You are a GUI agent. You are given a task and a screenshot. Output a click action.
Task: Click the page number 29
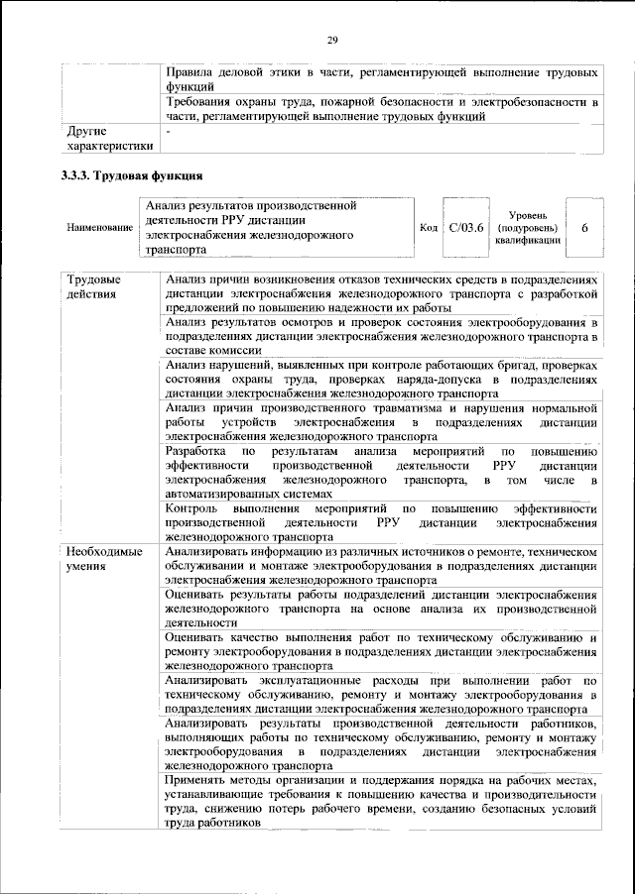coord(332,39)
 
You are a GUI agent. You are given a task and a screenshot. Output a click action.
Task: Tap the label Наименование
coord(100,228)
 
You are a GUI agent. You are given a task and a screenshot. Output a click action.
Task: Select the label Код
coord(429,228)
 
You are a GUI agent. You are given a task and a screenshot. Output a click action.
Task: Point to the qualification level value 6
coord(585,228)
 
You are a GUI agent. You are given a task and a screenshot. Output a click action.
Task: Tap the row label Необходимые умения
coord(103,558)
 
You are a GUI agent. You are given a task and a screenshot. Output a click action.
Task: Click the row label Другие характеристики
coord(108,139)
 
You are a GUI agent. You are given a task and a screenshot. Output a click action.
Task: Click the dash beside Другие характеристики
coord(170,130)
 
